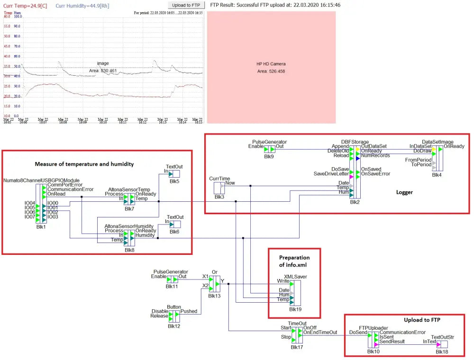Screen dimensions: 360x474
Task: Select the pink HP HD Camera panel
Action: [x=271, y=67]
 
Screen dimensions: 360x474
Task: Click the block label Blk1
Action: [x=41, y=226]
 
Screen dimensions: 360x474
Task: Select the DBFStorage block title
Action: [x=355, y=142]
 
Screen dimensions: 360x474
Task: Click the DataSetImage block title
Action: [x=438, y=142]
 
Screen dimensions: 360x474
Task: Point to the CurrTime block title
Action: [x=219, y=179]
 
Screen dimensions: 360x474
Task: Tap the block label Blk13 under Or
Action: [x=214, y=296]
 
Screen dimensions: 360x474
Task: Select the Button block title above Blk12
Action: [x=174, y=307]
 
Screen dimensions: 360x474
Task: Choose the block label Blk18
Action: [x=442, y=351]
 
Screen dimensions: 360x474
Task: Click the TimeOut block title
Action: [x=297, y=323]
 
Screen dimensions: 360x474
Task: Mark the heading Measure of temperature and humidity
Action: [x=84, y=164]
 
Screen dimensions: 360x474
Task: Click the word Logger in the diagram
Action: [x=404, y=192]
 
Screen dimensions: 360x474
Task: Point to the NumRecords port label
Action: [x=375, y=155]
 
